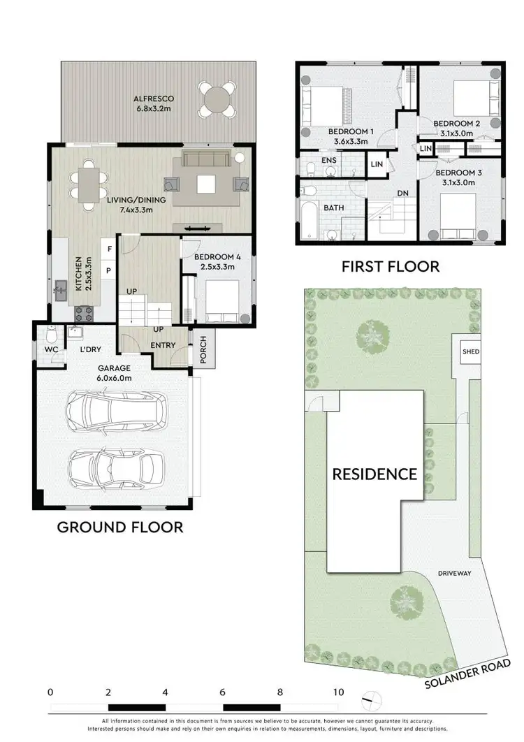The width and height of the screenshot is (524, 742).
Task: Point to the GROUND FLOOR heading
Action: pyautogui.click(x=120, y=527)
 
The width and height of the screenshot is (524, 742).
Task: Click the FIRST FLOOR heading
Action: pyautogui.click(x=390, y=266)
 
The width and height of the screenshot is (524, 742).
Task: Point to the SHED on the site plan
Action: pyautogui.click(x=470, y=351)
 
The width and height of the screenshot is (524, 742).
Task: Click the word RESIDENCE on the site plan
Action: pyautogui.click(x=374, y=474)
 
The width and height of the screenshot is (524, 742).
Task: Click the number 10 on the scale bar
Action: pyautogui.click(x=338, y=692)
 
